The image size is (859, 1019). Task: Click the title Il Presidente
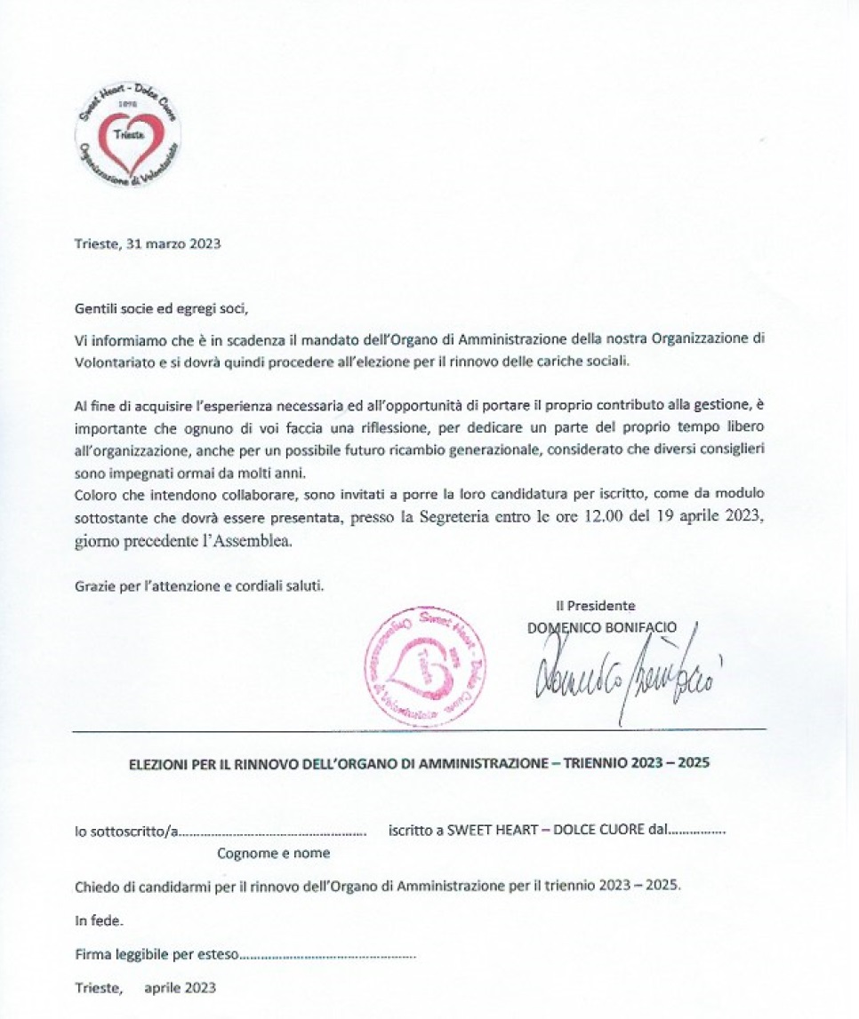[x=596, y=606]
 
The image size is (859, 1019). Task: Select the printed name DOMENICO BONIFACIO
[x=602, y=627]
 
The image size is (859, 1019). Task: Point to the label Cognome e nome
[x=274, y=853]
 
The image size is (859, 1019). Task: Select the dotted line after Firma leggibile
[x=328, y=956]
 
